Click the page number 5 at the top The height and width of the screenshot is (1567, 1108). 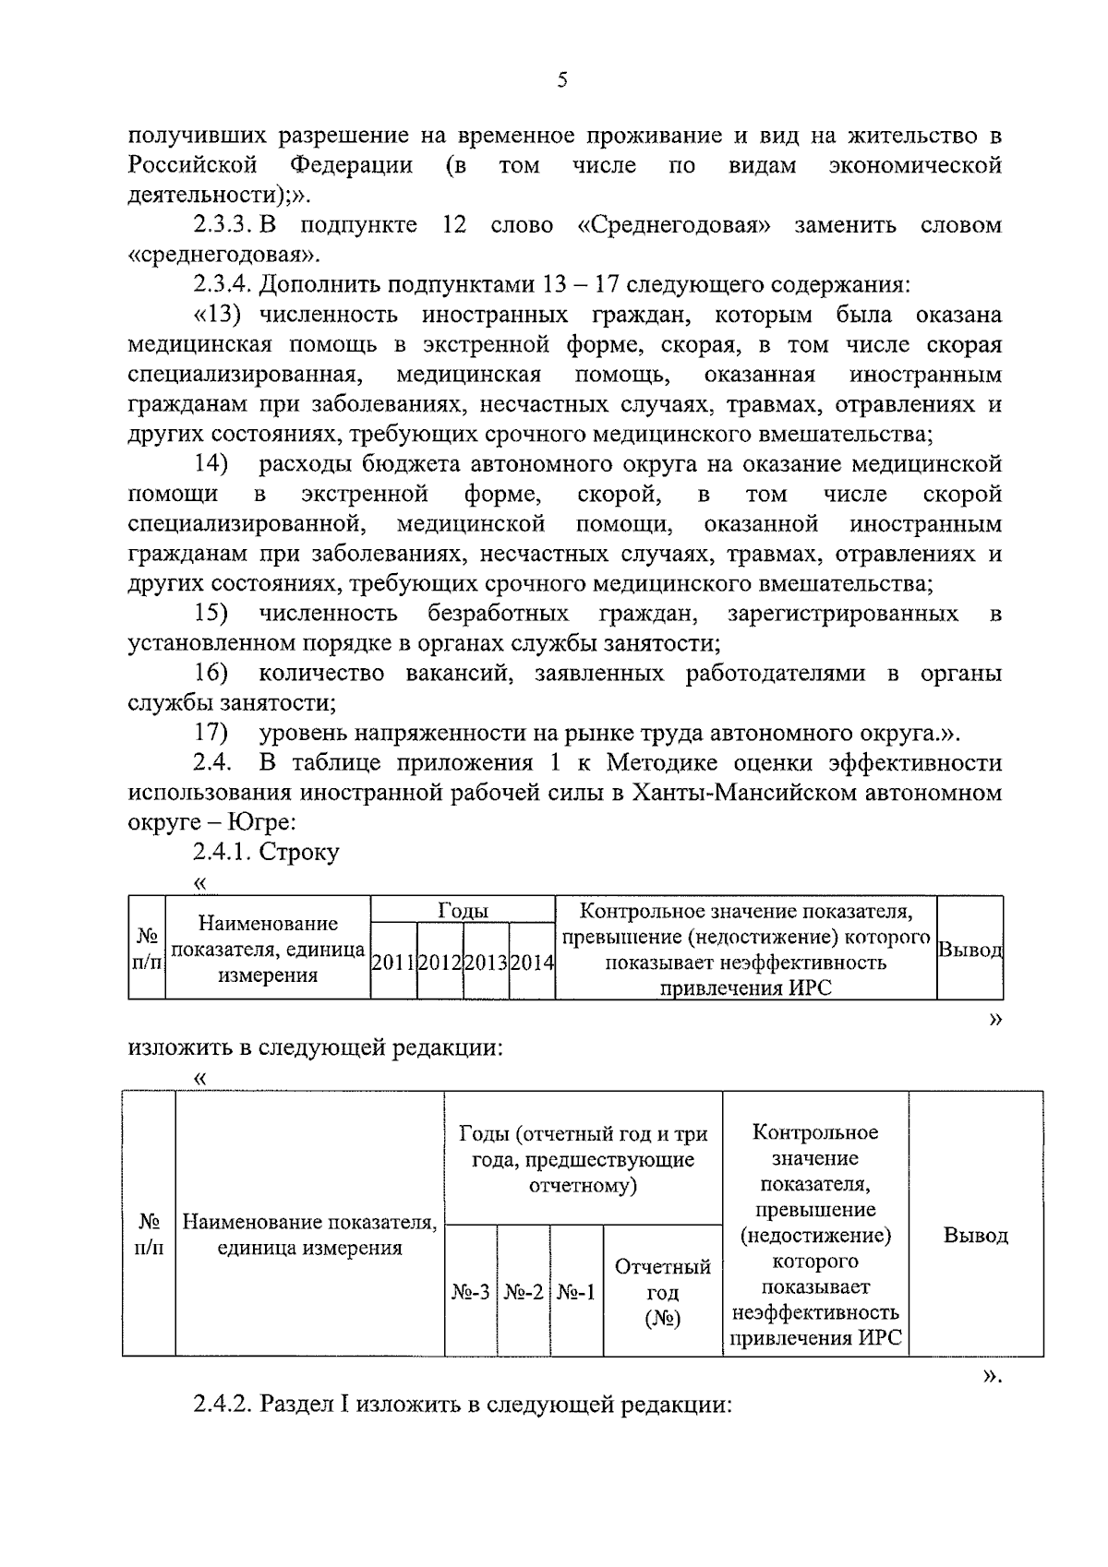click(562, 80)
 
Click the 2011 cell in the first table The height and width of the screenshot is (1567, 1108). click(393, 963)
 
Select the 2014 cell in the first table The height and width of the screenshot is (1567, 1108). click(533, 963)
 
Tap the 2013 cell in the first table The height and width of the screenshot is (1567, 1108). click(487, 963)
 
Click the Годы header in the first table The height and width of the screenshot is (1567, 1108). click(463, 911)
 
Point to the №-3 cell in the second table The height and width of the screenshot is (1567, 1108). click(471, 1293)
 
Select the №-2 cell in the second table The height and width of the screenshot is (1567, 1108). click(524, 1293)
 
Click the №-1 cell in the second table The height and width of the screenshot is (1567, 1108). click(577, 1293)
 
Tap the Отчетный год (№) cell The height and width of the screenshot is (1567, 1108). click(663, 1293)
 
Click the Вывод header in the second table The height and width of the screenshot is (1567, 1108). click(975, 1235)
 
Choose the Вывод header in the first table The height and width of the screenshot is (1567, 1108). click(969, 950)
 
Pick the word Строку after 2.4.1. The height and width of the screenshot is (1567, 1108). click(299, 853)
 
